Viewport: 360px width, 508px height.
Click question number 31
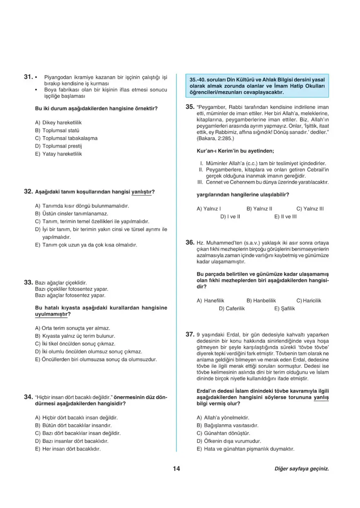click(28, 76)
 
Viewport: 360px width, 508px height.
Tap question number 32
click(28, 191)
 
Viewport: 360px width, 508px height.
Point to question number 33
click(28, 282)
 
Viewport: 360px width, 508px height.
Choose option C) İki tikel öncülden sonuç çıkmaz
click(75, 344)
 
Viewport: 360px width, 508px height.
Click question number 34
click(28, 397)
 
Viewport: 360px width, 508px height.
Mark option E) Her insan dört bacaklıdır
click(68, 449)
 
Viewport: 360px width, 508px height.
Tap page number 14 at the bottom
click(176, 469)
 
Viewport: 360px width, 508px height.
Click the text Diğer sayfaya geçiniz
click(301, 469)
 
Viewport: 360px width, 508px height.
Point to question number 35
click(189, 107)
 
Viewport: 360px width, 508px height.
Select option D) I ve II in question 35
click(230, 216)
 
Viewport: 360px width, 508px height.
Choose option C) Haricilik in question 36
click(309, 301)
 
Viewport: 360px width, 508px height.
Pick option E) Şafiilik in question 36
click(284, 308)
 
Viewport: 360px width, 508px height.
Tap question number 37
click(189, 335)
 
